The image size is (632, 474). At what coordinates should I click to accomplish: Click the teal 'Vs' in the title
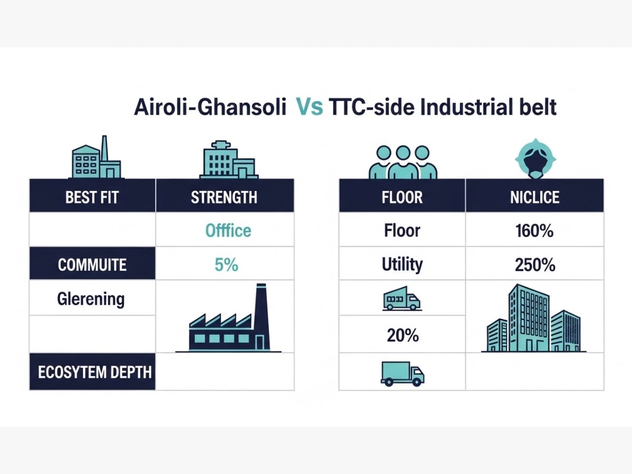click(x=310, y=107)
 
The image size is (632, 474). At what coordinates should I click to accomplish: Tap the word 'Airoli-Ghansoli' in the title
click(x=210, y=107)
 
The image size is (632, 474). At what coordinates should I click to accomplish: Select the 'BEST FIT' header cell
click(x=92, y=196)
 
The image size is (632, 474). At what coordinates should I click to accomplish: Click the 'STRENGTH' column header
click(x=224, y=196)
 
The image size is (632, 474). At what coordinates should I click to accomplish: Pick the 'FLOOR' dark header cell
click(x=402, y=196)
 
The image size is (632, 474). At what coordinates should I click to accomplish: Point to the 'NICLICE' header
click(x=535, y=196)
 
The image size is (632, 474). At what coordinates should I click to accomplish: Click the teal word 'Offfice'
click(x=228, y=231)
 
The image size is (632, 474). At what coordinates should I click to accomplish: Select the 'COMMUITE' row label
click(x=92, y=264)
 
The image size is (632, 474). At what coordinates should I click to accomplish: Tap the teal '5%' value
click(x=226, y=264)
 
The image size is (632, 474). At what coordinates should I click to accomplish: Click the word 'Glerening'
click(x=91, y=299)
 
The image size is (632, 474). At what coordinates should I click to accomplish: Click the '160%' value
click(x=535, y=231)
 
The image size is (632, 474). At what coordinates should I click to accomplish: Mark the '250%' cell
click(x=535, y=264)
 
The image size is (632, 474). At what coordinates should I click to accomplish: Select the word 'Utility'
click(x=402, y=264)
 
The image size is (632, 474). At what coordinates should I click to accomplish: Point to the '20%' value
click(x=403, y=335)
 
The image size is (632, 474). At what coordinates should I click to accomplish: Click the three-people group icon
click(x=403, y=162)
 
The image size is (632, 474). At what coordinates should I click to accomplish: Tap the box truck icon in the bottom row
click(x=402, y=373)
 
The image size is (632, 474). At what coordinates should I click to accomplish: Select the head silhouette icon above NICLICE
click(x=535, y=159)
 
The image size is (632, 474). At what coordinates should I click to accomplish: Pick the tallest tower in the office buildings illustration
click(x=529, y=318)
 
